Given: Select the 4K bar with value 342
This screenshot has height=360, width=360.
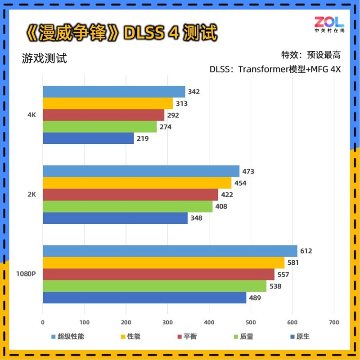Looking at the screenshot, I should [x=114, y=92].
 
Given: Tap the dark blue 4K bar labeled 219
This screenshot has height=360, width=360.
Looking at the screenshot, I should [x=88, y=138].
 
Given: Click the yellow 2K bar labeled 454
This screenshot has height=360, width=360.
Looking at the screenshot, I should [x=137, y=183].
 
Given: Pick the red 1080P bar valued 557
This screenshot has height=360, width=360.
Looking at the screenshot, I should [x=158, y=275].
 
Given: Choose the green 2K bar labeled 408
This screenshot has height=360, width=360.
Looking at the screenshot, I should [x=127, y=206].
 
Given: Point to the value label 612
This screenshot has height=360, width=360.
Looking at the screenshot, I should [x=306, y=251].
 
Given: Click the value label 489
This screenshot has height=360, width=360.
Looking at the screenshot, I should [x=255, y=298].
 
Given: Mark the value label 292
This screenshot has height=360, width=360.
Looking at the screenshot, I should [x=173, y=115].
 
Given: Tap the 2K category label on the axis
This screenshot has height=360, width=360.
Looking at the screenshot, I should [x=31, y=195].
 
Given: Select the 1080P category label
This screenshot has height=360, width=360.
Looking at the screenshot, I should [x=26, y=274].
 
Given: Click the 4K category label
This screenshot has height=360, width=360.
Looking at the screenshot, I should [x=31, y=115].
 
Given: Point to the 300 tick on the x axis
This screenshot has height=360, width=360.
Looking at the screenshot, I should [x=167, y=322].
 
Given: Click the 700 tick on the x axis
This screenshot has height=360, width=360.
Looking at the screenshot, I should [x=333, y=322].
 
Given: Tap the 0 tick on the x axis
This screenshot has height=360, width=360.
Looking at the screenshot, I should [x=43, y=322].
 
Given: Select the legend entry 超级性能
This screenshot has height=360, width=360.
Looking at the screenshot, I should [x=67, y=336].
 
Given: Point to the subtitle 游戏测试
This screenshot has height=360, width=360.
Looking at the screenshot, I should [x=44, y=58].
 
